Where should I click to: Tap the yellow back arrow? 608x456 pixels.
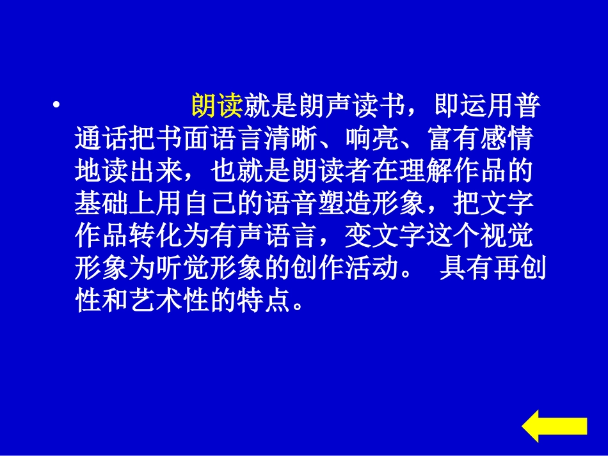[x=554, y=425]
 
